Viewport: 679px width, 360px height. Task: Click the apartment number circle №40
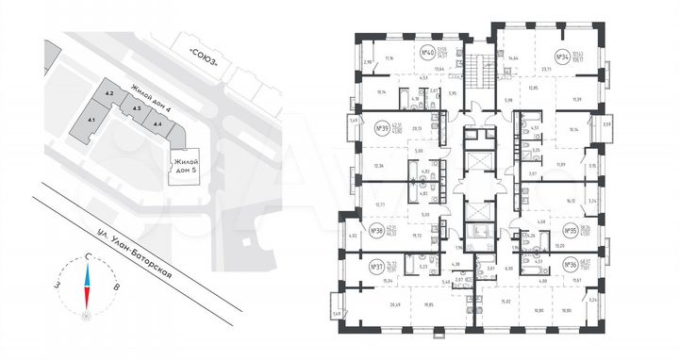[425, 53]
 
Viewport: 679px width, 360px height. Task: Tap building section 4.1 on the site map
[91, 121]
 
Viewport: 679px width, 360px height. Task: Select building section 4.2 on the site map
[109, 94]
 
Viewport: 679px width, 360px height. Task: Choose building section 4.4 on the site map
[157, 123]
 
